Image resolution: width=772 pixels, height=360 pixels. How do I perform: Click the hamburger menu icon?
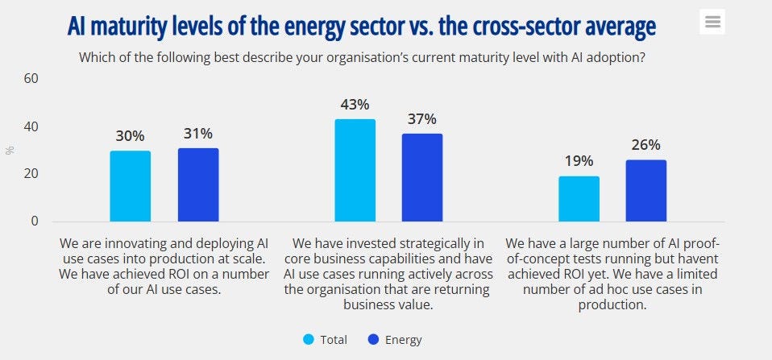pyautogui.click(x=712, y=22)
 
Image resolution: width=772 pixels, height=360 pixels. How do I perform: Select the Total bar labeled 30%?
pyautogui.click(x=131, y=186)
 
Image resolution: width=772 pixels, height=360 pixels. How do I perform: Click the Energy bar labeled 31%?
pyautogui.click(x=198, y=184)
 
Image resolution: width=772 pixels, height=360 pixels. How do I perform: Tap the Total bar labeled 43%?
pyautogui.click(x=355, y=170)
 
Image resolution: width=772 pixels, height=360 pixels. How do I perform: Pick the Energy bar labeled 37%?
pyautogui.click(x=422, y=177)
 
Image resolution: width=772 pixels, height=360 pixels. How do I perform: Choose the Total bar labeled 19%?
pyautogui.click(x=579, y=199)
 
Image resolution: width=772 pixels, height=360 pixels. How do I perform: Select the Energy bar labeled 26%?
pyautogui.click(x=646, y=190)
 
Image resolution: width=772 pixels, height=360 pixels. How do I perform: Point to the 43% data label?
pyautogui.click(x=355, y=105)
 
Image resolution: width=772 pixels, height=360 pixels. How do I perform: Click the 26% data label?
pyautogui.click(x=646, y=145)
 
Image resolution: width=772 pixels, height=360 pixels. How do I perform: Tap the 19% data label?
pyautogui.click(x=579, y=161)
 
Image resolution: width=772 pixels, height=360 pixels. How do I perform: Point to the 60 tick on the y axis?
pyautogui.click(x=31, y=79)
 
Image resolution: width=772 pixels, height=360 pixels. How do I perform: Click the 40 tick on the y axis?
pyautogui.click(x=31, y=126)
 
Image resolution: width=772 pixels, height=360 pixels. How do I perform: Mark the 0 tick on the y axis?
pyautogui.click(x=35, y=221)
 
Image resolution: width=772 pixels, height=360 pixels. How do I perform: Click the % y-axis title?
pyautogui.click(x=10, y=150)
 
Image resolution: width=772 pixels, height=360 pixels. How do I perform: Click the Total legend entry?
pyautogui.click(x=326, y=340)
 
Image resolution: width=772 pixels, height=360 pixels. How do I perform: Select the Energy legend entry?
pyautogui.click(x=394, y=340)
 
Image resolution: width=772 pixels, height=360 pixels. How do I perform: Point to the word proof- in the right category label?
pyautogui.click(x=715, y=242)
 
